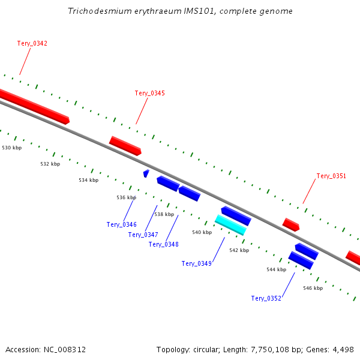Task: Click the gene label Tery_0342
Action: tap(32, 43)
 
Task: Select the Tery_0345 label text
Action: tap(149, 93)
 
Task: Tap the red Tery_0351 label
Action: tap(331, 176)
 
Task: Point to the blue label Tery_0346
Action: tap(122, 224)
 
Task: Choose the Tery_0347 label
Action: tap(143, 235)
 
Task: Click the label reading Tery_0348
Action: tap(163, 244)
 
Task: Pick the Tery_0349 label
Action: tap(196, 263)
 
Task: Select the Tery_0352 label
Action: tap(266, 298)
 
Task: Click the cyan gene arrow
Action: tap(230, 224)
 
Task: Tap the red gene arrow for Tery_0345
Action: tap(125, 145)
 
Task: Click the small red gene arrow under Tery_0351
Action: tap(291, 224)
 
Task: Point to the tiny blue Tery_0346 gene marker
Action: tap(146, 173)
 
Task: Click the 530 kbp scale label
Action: tap(12, 148)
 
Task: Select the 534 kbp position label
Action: tap(88, 180)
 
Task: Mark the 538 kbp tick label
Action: tap(164, 214)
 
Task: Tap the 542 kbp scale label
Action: tap(239, 250)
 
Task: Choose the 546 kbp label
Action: tap(313, 288)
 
